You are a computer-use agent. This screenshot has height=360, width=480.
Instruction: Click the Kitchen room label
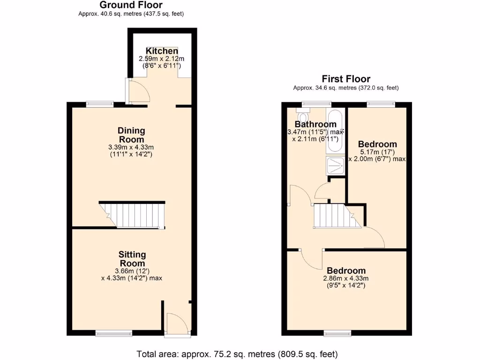click(162, 51)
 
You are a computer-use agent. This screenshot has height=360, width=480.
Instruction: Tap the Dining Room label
click(131, 135)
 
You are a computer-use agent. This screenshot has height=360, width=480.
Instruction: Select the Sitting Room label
click(132, 259)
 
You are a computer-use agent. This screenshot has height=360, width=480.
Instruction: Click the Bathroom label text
click(315, 124)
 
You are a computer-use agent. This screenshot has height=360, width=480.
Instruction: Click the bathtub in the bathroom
click(336, 131)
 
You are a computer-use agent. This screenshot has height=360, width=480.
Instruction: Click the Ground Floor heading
click(131, 5)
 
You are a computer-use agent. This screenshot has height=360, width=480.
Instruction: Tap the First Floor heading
click(345, 79)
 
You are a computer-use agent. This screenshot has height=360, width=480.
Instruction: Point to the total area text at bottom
click(237, 354)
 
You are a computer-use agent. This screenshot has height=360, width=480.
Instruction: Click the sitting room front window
click(114, 333)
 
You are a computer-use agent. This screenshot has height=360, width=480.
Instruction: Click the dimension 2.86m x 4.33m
click(346, 278)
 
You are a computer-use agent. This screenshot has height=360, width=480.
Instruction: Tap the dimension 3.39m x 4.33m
click(131, 147)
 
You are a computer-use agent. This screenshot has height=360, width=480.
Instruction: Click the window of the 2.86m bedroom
click(337, 333)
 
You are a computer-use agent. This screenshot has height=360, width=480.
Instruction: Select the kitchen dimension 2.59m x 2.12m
click(162, 59)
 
